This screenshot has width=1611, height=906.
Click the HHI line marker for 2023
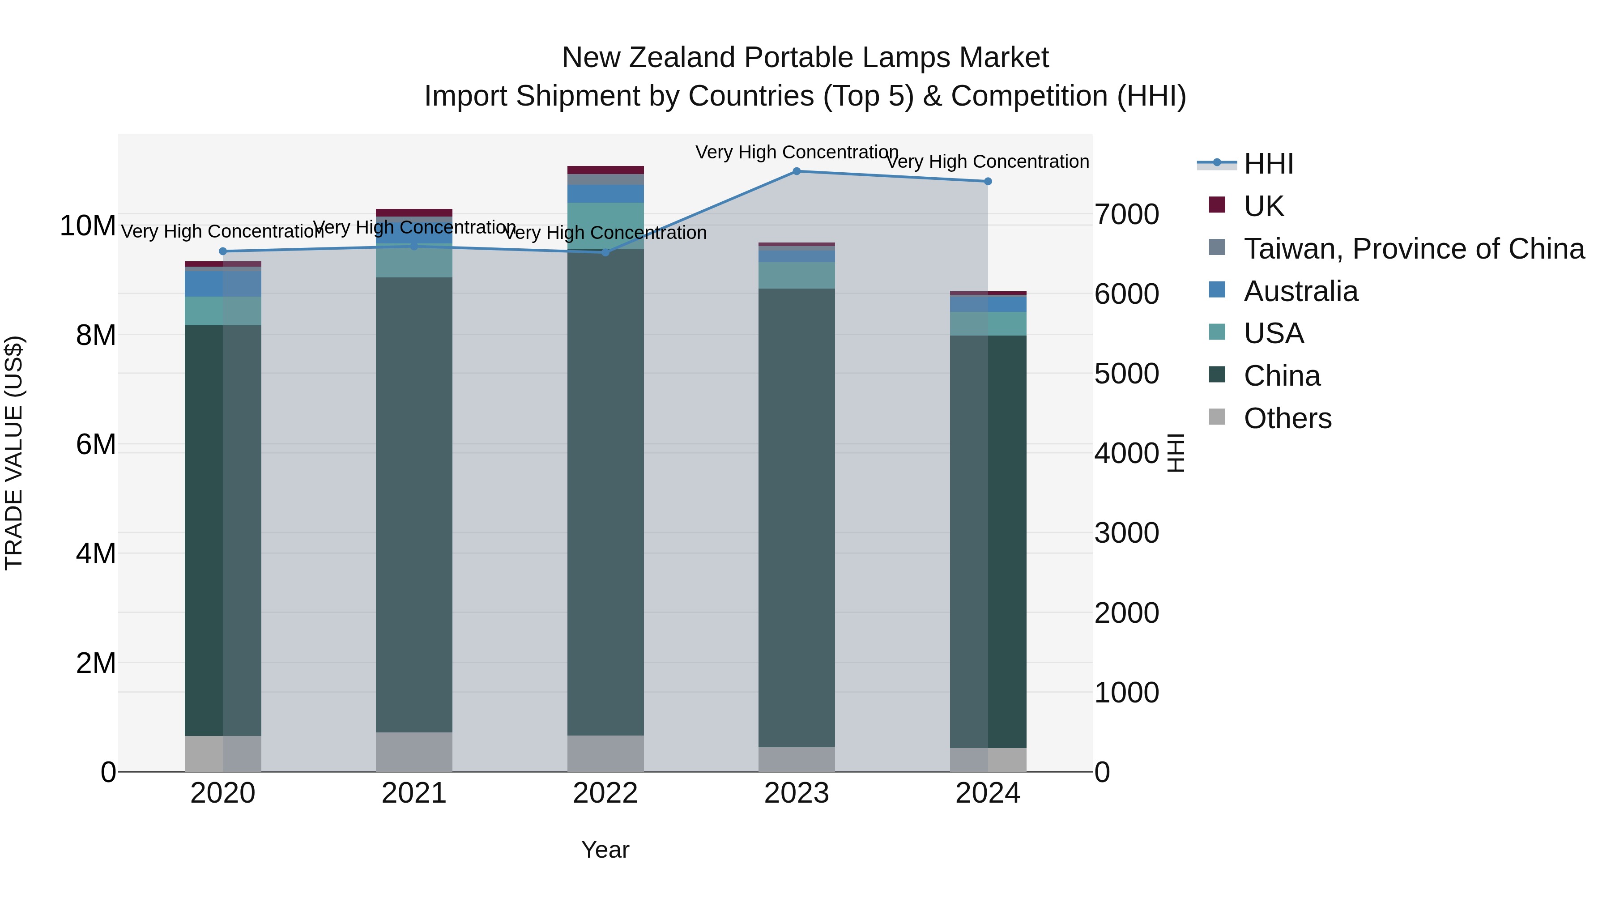tap(796, 171)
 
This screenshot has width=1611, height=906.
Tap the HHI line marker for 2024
tap(988, 181)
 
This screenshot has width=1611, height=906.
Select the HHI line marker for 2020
tap(223, 251)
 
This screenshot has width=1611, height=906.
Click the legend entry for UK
tap(1263, 206)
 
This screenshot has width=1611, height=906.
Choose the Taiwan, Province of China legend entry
tap(1413, 249)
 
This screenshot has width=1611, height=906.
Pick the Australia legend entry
tap(1301, 291)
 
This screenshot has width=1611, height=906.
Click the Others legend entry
tap(1287, 418)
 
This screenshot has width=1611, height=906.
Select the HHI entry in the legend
tap(1268, 164)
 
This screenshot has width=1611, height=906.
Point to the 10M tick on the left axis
tap(88, 226)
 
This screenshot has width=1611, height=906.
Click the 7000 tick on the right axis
tap(1126, 214)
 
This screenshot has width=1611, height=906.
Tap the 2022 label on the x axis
tap(605, 793)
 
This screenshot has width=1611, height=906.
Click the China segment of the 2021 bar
tap(414, 500)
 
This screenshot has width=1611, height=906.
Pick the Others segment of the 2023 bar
tap(796, 759)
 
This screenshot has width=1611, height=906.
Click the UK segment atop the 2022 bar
tap(605, 170)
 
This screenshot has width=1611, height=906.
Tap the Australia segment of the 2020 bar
tap(223, 284)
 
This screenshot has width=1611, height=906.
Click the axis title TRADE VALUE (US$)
tap(14, 453)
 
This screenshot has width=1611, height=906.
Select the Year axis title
tap(605, 850)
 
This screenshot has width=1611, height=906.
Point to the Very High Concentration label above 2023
tap(796, 152)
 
